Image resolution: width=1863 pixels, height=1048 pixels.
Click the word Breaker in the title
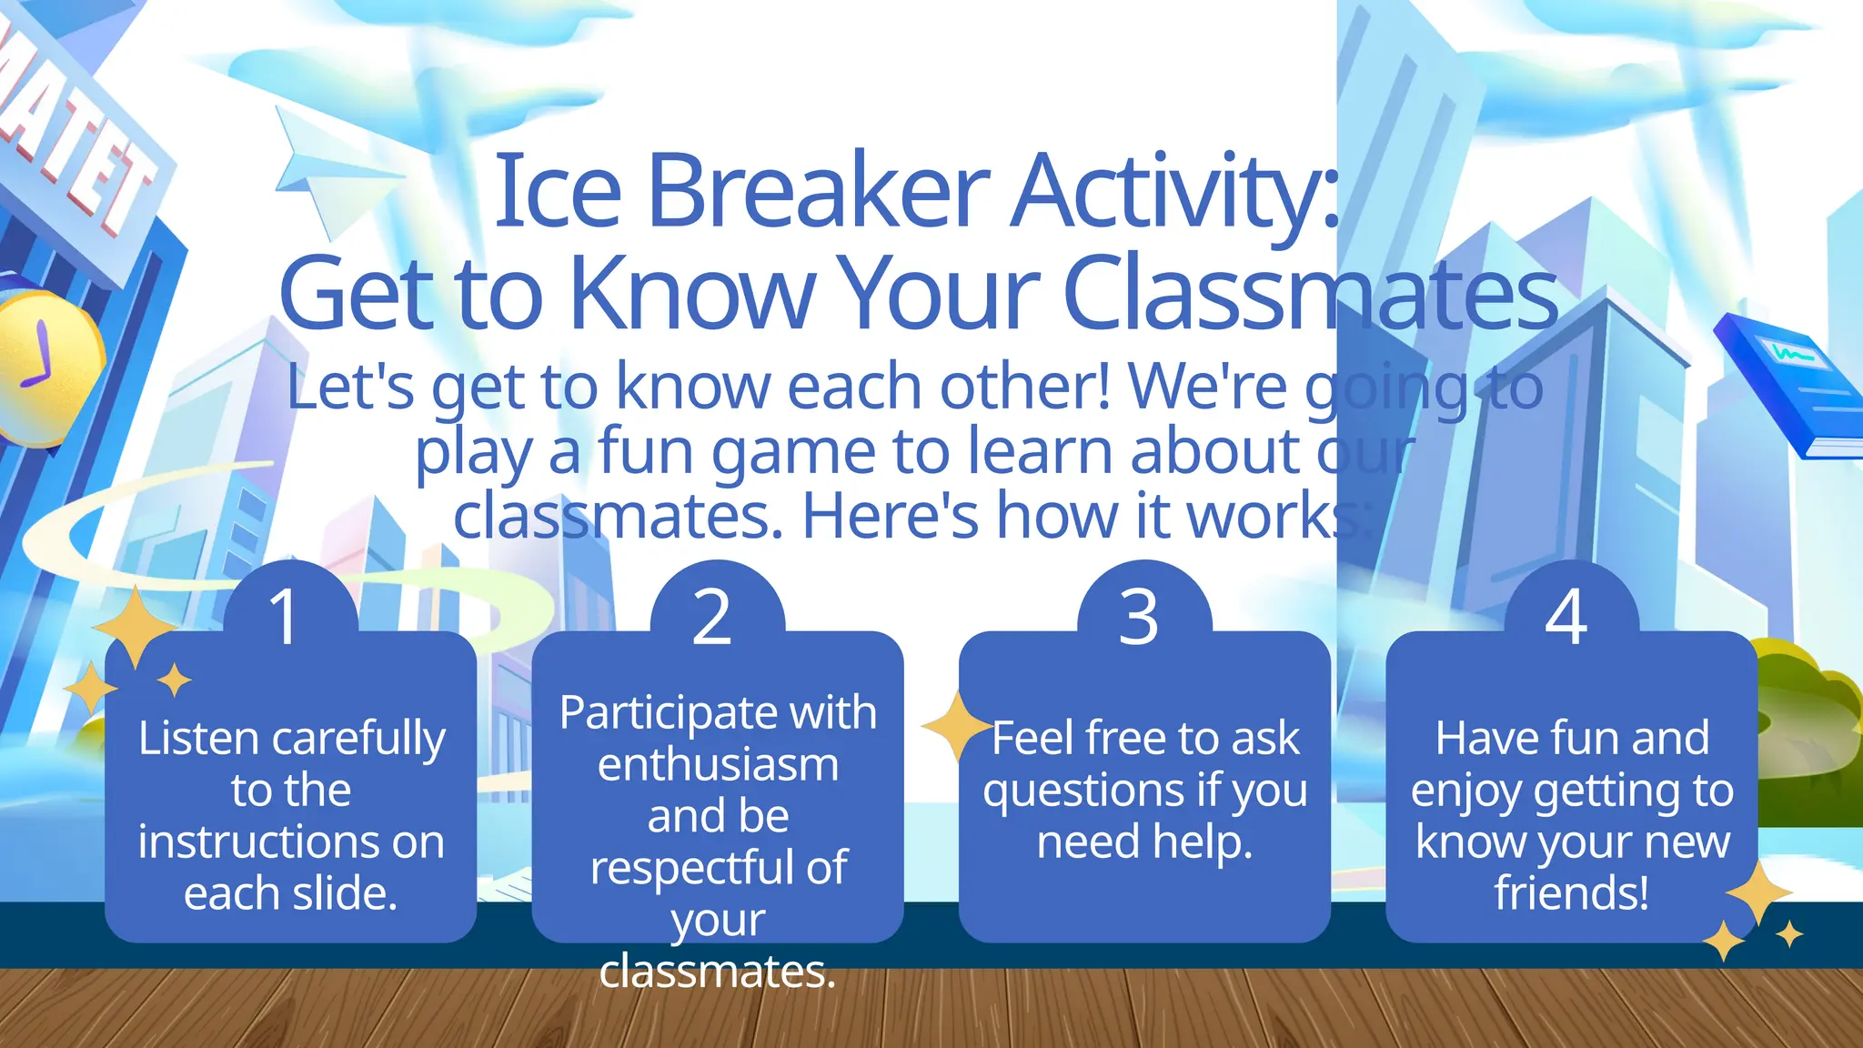coord(817,191)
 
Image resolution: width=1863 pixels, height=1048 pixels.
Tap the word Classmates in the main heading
coord(1310,294)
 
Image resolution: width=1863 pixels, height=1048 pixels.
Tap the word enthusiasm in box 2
coord(718,764)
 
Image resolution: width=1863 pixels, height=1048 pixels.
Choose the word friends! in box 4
coord(1571,892)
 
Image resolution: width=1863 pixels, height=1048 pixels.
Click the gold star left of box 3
coord(955,726)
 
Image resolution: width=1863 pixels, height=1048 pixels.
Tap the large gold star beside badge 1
coord(135,628)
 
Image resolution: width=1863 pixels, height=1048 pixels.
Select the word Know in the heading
coord(691,294)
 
